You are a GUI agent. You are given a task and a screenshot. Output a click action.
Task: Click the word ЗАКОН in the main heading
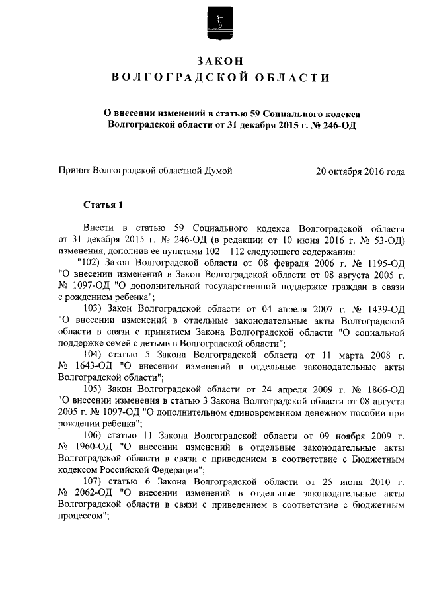click(218, 61)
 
